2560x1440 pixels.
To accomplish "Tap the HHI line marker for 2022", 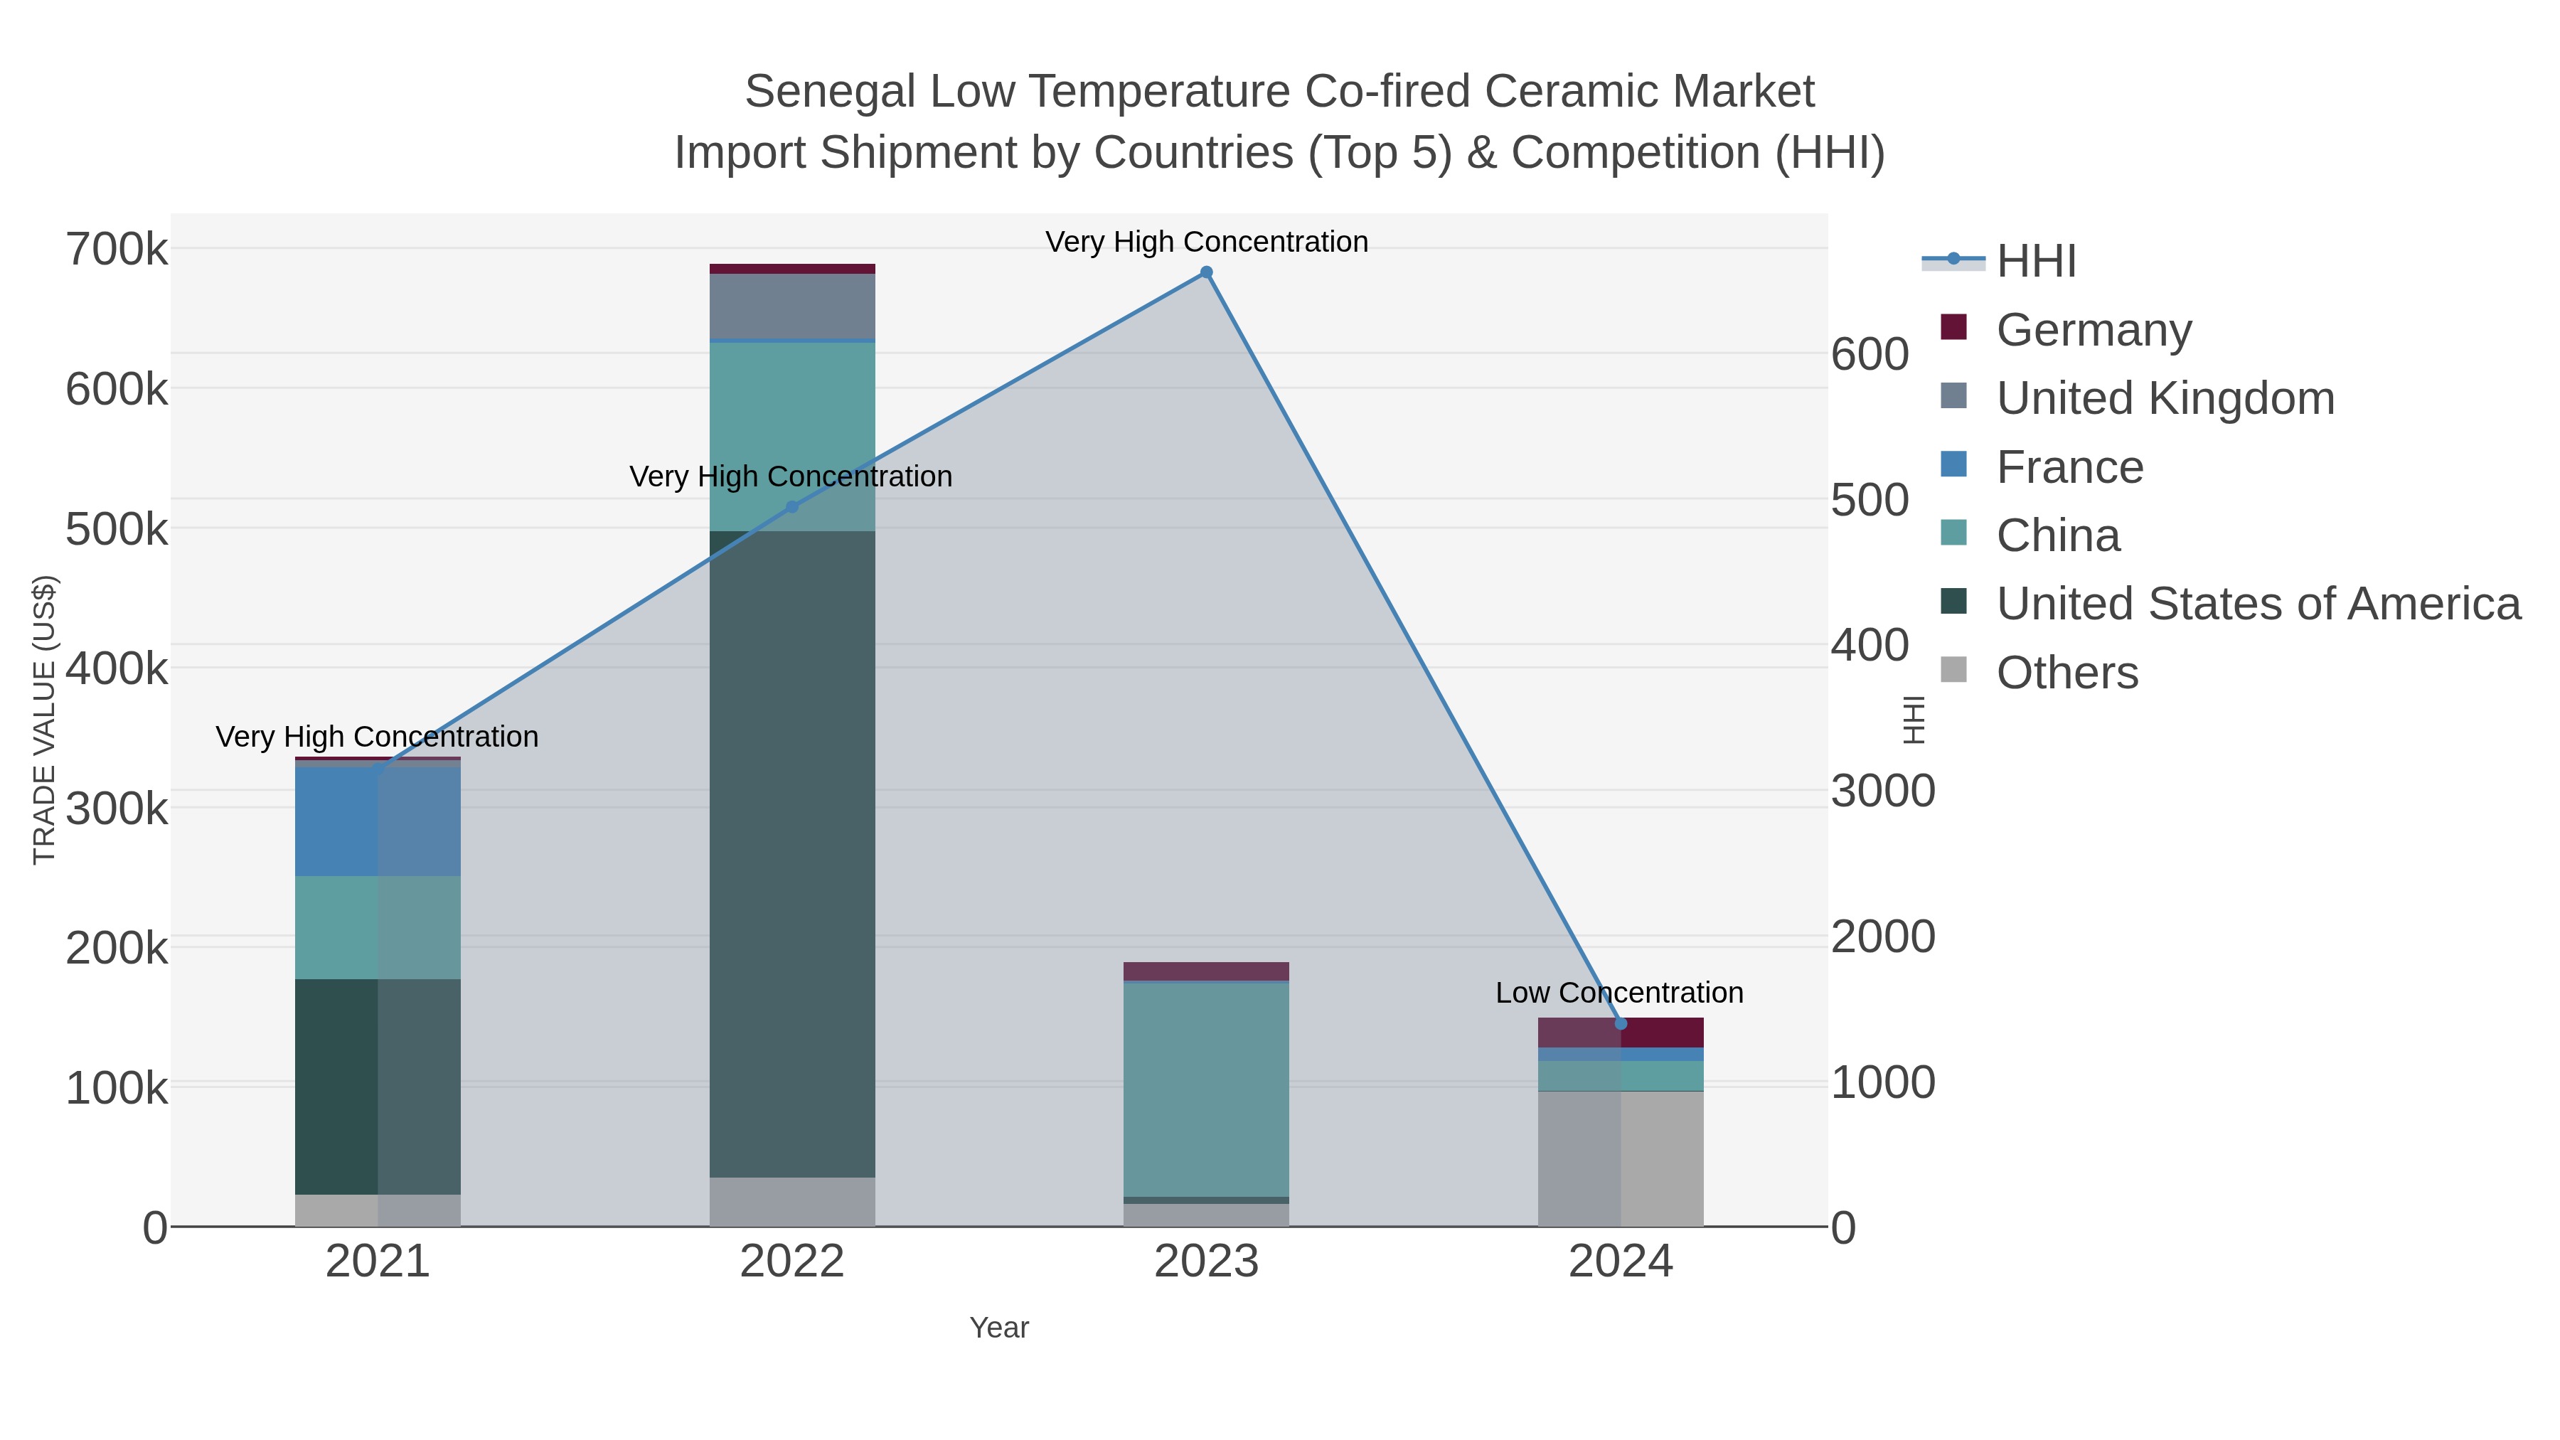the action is pyautogui.click(x=792, y=507).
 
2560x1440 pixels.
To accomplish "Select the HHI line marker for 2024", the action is pyautogui.click(x=1621, y=1023).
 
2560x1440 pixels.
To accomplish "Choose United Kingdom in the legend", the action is pyautogui.click(x=2165, y=398).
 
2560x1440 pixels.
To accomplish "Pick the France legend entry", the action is pyautogui.click(x=2069, y=467).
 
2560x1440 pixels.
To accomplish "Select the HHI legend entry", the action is pyautogui.click(x=2035, y=262).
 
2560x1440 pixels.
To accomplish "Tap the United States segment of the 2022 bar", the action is pyautogui.click(x=792, y=855).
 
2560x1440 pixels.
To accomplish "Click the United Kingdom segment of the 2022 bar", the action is pyautogui.click(x=792, y=306).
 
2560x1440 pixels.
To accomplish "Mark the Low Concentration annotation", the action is pyautogui.click(x=1619, y=993).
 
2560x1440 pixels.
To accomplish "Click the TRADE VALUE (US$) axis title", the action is pyautogui.click(x=45, y=720).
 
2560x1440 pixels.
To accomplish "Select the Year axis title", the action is pyautogui.click(x=999, y=1328).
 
